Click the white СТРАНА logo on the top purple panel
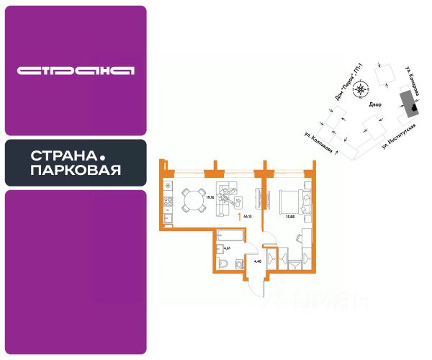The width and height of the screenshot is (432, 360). [x=76, y=71]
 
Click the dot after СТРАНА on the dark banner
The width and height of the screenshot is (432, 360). [x=102, y=156]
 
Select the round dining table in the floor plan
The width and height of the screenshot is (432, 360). [x=193, y=199]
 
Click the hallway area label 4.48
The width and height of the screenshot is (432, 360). [x=257, y=261]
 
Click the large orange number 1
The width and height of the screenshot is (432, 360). [x=238, y=214]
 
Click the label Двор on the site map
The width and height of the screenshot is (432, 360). [x=374, y=104]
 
